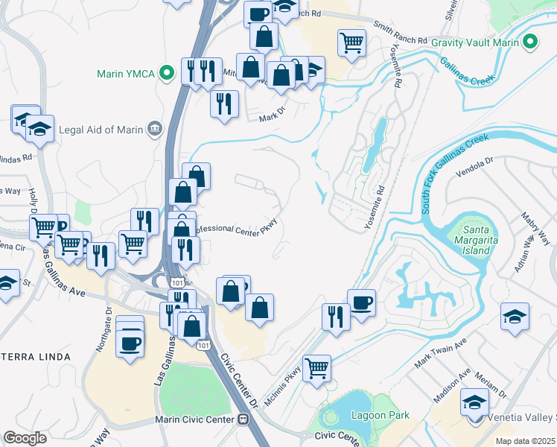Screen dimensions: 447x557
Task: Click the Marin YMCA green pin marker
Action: [x=168, y=73]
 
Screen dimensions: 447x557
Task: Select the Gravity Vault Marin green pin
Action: [x=530, y=42]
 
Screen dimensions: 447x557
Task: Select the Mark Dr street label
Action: [x=272, y=118]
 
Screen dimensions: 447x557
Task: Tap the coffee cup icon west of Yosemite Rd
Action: [x=361, y=302]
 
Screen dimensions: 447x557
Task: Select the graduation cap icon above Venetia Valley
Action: [x=474, y=402]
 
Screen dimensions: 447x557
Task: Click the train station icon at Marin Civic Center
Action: [x=243, y=419]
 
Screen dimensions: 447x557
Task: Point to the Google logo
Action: [x=25, y=438]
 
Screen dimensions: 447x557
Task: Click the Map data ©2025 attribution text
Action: [x=526, y=441]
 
